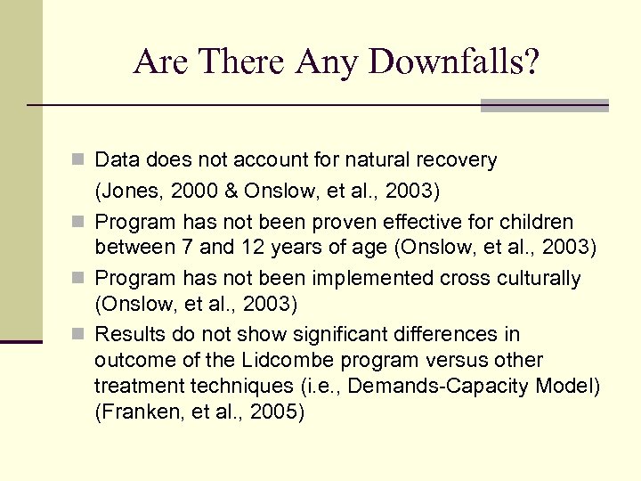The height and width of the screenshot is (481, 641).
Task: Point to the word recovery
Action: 456,160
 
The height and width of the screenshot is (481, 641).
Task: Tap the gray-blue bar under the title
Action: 544,106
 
